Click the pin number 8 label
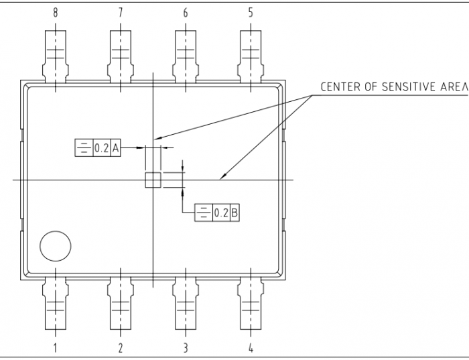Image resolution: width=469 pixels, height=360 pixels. pos(55,13)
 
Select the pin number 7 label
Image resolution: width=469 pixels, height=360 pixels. pos(120,13)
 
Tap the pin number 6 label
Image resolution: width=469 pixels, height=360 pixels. pos(185,13)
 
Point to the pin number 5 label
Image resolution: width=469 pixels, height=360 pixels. pos(251,13)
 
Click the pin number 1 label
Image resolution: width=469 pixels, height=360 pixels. pos(55,348)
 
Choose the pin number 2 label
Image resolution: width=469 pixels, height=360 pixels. pos(120,348)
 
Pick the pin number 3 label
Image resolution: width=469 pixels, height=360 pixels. pos(186,348)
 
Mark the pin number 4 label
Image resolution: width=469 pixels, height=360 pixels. pos(251,348)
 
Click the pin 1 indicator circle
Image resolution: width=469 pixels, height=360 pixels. pos(55,246)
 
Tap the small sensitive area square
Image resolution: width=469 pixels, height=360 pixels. pos(153,180)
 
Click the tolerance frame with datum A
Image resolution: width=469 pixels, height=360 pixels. pos(96,147)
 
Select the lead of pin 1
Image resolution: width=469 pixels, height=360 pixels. pos(55,305)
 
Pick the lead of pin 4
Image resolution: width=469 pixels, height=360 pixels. pos(251,305)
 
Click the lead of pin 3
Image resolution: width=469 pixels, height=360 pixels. pos(186,305)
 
